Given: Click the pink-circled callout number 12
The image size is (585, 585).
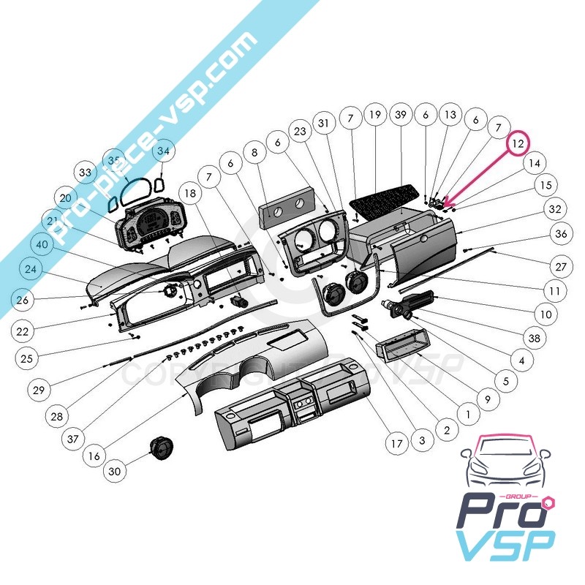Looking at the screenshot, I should [518, 143].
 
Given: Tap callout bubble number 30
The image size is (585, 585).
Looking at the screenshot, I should [114, 472].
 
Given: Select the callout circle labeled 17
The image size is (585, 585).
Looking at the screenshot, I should [396, 443].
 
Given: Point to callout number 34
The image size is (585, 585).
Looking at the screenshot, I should [163, 151].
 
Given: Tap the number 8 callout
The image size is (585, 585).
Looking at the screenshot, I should [254, 154].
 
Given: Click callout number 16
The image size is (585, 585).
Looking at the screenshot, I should [94, 456].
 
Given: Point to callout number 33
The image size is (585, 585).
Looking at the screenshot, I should [86, 173].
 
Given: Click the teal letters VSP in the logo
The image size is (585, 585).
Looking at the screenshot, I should [505, 545].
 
